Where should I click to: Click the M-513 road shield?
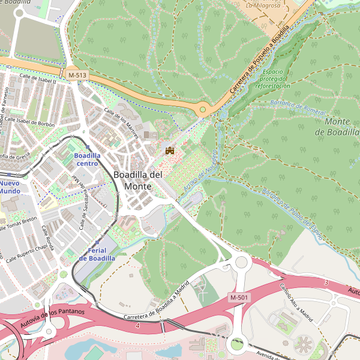(x=77, y=75)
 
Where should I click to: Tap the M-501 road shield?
(x=239, y=298)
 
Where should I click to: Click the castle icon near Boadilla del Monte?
(x=169, y=150)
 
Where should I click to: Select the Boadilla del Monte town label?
(x=138, y=180)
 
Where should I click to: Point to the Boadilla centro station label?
(x=86, y=159)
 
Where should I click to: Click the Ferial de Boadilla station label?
(x=97, y=254)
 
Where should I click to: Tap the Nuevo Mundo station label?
(x=10, y=187)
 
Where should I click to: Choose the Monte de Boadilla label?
(x=341, y=127)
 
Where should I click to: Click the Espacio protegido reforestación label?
(x=272, y=79)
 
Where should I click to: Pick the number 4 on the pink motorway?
(x=137, y=325)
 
